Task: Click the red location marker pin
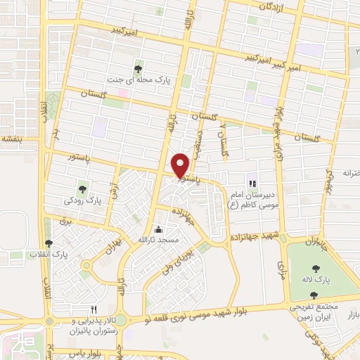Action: coord(181,165)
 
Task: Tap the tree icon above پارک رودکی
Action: coord(84,188)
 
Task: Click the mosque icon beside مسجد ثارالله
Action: coord(158,229)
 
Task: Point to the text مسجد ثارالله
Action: coord(160,240)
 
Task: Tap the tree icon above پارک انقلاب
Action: coord(48,243)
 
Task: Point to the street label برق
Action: coord(68,220)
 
